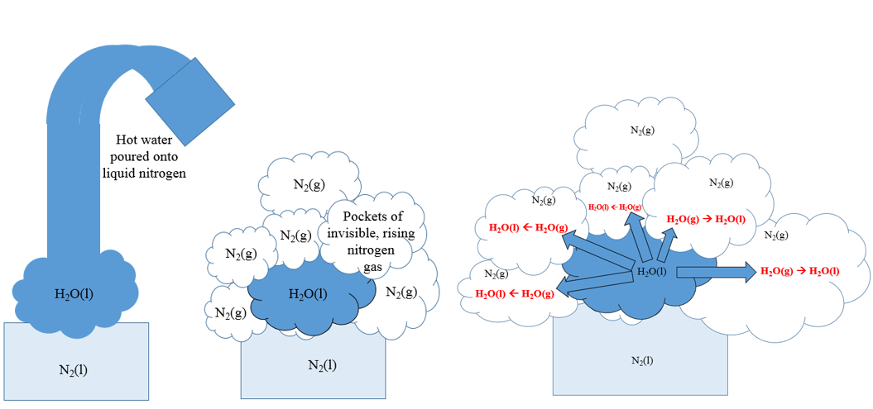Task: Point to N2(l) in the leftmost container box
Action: pyautogui.click(x=73, y=369)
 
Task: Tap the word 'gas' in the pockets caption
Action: pyautogui.click(x=377, y=264)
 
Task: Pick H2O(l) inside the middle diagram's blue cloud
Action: pyautogui.click(x=307, y=293)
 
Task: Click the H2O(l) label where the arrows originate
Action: pyautogui.click(x=651, y=272)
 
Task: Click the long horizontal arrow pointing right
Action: pyautogui.click(x=715, y=272)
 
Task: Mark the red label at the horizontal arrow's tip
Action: pyautogui.click(x=799, y=271)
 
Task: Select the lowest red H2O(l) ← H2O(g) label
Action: pyautogui.click(x=515, y=293)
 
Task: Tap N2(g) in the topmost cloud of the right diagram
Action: pyautogui.click(x=642, y=130)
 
